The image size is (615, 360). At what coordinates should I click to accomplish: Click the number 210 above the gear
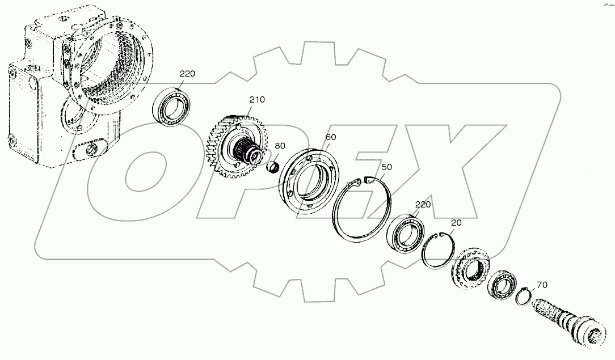click(x=256, y=100)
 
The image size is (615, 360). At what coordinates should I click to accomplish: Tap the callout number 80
click(x=280, y=146)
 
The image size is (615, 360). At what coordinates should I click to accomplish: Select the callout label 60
click(x=331, y=138)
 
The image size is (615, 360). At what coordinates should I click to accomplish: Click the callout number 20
click(x=457, y=223)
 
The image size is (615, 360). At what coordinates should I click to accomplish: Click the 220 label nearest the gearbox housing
click(x=188, y=74)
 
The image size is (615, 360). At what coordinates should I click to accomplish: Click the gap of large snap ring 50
click(x=360, y=181)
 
